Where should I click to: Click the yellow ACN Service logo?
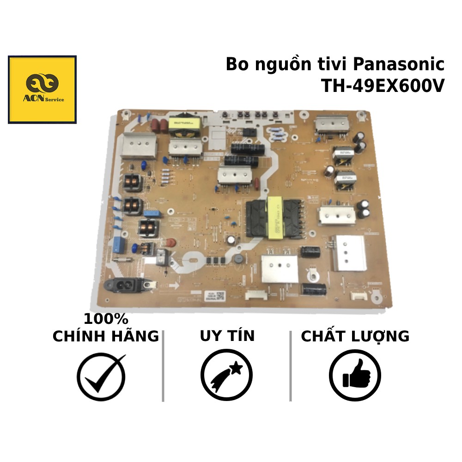[42, 90]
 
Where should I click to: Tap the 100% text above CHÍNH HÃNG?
[106, 319]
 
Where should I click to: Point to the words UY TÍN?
[227, 336]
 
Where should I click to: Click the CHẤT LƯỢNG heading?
[355, 336]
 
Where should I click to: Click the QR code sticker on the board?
[220, 295]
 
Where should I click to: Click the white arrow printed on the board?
[172, 283]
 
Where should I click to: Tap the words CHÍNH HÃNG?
[106, 336]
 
